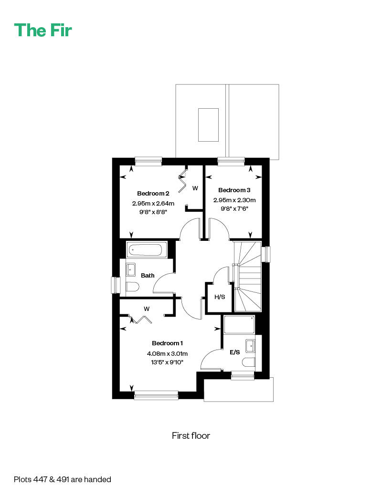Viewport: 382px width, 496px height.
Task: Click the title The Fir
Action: tap(43, 31)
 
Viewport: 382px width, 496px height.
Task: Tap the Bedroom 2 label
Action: tap(153, 193)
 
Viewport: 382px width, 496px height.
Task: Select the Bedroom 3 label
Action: tap(234, 190)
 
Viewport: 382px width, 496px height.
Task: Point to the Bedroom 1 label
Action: tap(167, 343)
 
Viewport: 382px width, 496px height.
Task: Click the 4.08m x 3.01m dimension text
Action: tap(167, 354)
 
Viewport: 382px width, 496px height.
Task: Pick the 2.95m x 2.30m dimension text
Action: tap(234, 200)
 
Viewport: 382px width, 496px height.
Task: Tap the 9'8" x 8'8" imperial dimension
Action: tap(153, 212)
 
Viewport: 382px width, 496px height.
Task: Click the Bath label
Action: tap(148, 276)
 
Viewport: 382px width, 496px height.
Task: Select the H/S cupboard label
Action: tap(220, 297)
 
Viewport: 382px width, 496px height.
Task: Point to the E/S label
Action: tap(235, 352)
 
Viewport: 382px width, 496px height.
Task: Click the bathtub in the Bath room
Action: tap(147, 249)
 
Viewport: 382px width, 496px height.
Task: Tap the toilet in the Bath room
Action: tap(132, 287)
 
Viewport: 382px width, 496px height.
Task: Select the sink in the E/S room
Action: tap(251, 346)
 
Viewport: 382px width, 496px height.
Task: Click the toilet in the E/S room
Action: tap(249, 362)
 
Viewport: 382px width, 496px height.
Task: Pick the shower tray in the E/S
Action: tap(239, 325)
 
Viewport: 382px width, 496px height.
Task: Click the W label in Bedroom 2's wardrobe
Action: tap(195, 188)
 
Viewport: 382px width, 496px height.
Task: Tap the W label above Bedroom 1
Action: tap(146, 309)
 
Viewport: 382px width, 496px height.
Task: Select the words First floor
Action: tap(191, 435)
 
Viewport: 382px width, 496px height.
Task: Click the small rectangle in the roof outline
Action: tap(208, 124)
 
